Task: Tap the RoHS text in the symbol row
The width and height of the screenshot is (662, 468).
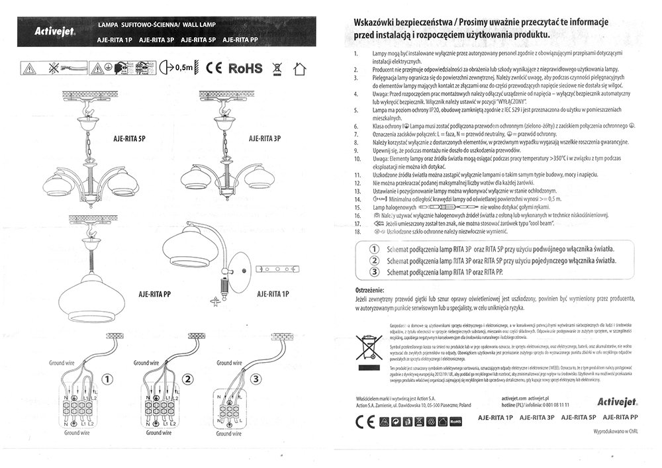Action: [x=245, y=68]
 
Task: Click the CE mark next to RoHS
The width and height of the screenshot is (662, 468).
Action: [x=214, y=68]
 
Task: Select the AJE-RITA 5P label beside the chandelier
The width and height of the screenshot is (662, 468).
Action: [x=126, y=140]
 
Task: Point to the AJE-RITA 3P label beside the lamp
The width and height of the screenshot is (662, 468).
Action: [x=265, y=140]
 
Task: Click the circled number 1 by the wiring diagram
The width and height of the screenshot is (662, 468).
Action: [x=109, y=379]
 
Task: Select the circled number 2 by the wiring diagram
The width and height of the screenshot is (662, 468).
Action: [x=189, y=379]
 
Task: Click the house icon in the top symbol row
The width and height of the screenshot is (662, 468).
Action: [x=301, y=68]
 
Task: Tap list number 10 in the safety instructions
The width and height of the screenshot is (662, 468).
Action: [x=357, y=160]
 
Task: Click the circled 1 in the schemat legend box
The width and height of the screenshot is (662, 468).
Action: [x=373, y=248]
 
